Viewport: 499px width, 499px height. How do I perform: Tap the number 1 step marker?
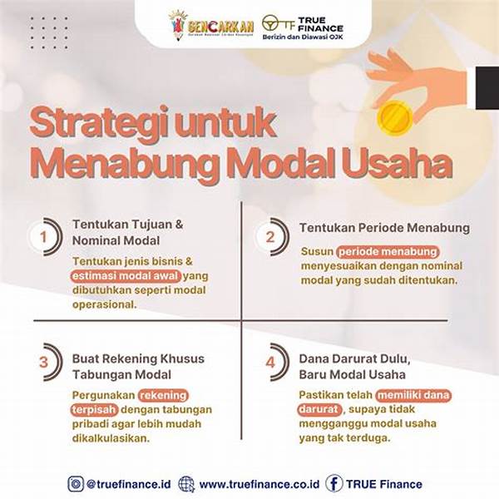[42, 236]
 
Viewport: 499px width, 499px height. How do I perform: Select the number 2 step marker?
[269, 237]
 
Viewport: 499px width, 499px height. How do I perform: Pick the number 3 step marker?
[43, 363]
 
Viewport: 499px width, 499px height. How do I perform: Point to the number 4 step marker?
[269, 363]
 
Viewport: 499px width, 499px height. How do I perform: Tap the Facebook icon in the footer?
[334, 482]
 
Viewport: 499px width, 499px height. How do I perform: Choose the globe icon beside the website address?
[186, 482]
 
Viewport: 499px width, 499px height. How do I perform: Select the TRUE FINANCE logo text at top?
[314, 23]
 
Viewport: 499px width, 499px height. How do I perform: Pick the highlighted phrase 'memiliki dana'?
[413, 395]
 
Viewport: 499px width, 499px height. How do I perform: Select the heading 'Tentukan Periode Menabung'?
[384, 227]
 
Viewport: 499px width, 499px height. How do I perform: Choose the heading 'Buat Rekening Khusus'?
[138, 358]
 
